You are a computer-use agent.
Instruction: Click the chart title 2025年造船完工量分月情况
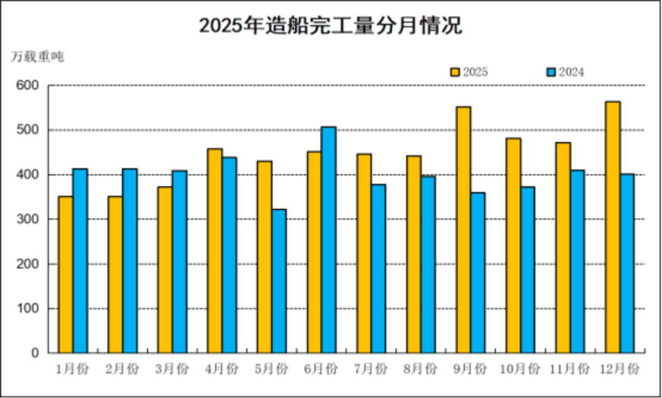(x=330, y=26)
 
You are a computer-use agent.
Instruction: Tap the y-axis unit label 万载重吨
(x=37, y=56)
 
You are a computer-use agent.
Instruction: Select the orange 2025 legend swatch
(x=455, y=72)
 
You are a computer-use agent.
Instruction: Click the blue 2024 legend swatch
(x=551, y=72)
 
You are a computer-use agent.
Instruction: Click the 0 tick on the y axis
(x=36, y=353)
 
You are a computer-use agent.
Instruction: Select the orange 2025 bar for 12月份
(x=612, y=227)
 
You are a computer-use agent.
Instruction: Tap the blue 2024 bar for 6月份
(x=329, y=240)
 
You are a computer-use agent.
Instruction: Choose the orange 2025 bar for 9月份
(x=463, y=230)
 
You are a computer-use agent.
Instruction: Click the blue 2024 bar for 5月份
(x=279, y=281)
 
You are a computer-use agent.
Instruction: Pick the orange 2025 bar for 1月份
(x=66, y=275)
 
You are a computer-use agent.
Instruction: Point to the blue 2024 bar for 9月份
(x=478, y=273)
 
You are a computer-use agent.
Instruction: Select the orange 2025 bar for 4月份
(x=215, y=251)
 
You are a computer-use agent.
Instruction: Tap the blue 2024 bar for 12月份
(x=627, y=263)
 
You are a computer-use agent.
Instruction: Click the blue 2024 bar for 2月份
(x=130, y=261)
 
